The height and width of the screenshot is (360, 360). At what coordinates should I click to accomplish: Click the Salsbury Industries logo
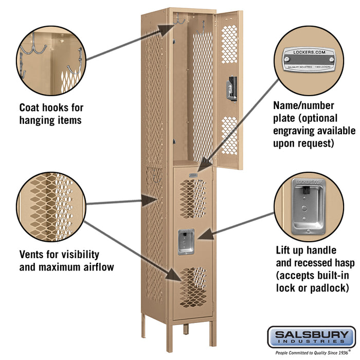click(x=311, y=337)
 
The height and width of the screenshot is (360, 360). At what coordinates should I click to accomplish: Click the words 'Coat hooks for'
click(x=51, y=108)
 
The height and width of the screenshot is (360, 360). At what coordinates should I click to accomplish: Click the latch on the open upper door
click(x=233, y=87)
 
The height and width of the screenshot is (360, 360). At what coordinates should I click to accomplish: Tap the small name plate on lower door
click(x=193, y=175)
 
